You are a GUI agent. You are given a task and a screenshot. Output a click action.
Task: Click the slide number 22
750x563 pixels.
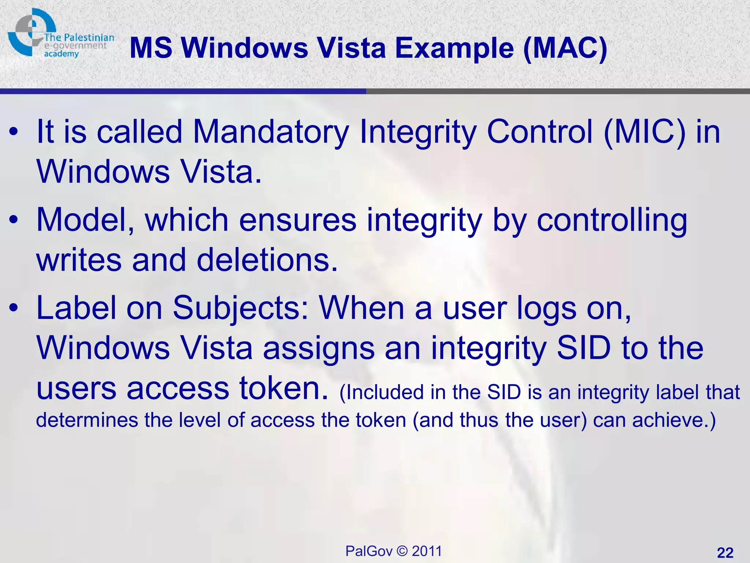(x=725, y=552)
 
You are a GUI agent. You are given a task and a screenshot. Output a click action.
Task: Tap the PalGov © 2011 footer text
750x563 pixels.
(x=394, y=551)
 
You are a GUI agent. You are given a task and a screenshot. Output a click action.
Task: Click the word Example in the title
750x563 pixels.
(x=454, y=48)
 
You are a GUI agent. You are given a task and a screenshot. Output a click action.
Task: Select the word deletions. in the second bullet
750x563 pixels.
(x=267, y=260)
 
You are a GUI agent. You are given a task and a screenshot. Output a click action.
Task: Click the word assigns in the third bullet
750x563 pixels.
(x=319, y=348)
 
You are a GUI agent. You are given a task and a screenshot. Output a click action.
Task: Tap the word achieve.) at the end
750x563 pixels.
(x=674, y=420)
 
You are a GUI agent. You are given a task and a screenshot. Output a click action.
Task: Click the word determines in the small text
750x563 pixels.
(x=87, y=420)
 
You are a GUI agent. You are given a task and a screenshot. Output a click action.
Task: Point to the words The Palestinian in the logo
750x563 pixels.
(x=79, y=37)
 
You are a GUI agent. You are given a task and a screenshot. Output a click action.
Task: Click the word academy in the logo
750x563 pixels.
(x=61, y=54)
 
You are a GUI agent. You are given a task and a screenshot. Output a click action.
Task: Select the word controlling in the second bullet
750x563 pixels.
(x=612, y=220)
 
